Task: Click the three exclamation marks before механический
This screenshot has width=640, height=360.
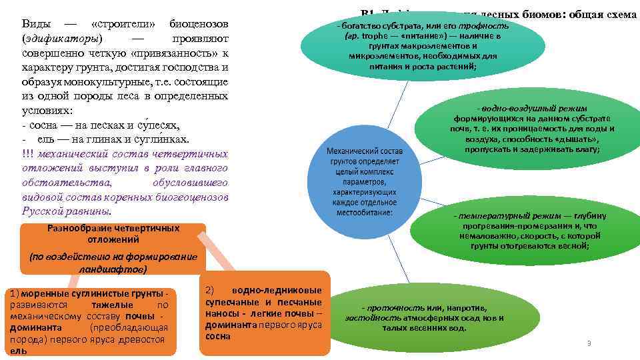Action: click(x=27, y=154)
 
